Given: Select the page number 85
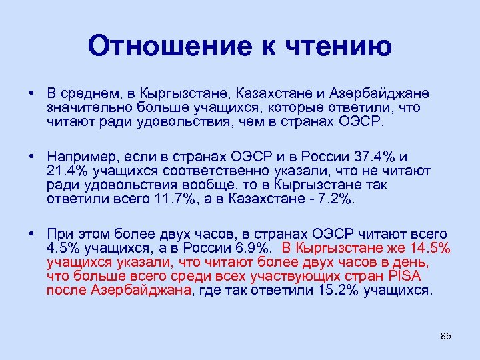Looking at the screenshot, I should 446,336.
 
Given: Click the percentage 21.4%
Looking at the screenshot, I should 66,171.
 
